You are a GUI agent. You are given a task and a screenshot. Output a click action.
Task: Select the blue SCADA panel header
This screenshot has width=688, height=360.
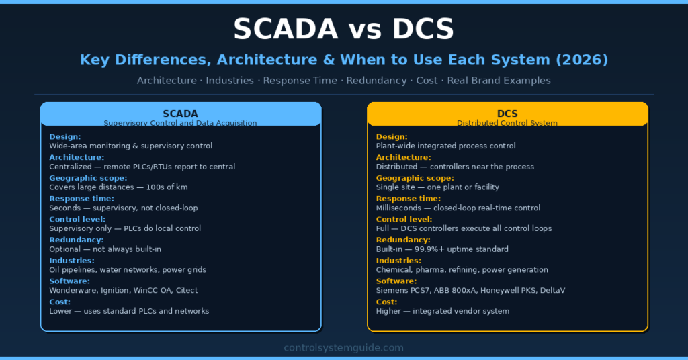181,114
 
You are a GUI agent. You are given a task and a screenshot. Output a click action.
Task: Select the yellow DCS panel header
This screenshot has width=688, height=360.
507,114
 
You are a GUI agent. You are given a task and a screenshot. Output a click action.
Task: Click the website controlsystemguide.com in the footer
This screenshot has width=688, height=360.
344,347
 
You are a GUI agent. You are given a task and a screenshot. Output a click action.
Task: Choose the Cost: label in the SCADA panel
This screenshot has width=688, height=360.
60,302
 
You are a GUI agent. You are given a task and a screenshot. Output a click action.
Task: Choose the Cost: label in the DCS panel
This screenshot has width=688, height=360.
387,302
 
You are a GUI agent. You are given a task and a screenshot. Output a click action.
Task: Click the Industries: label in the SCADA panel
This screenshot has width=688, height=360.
72,260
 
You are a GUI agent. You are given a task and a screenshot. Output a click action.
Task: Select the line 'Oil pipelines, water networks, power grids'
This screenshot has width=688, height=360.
128,270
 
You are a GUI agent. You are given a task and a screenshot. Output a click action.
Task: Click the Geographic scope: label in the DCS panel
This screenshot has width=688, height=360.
415,177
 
